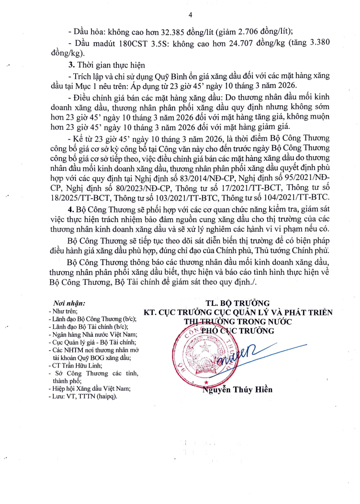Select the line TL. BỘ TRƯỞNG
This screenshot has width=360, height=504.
point(238,303)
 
